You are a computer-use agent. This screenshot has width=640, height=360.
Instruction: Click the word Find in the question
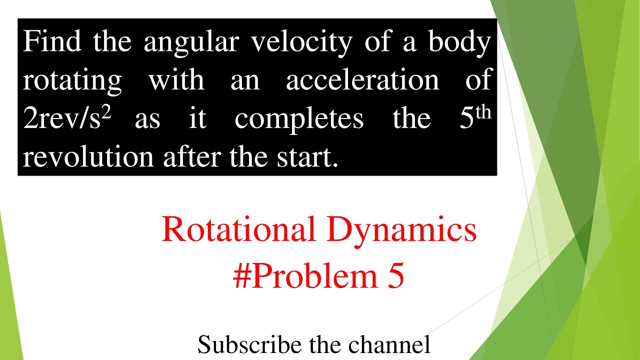(x=52, y=41)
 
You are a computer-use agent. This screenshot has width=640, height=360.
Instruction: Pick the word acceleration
(x=362, y=80)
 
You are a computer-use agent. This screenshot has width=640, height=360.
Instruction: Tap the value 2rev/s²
(x=66, y=119)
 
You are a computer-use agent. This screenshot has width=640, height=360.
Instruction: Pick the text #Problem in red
(x=305, y=276)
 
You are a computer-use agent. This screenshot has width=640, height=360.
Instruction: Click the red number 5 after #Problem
(x=395, y=276)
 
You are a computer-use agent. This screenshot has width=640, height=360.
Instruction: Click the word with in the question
(x=176, y=80)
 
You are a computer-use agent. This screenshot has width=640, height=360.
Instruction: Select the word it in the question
(x=197, y=119)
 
